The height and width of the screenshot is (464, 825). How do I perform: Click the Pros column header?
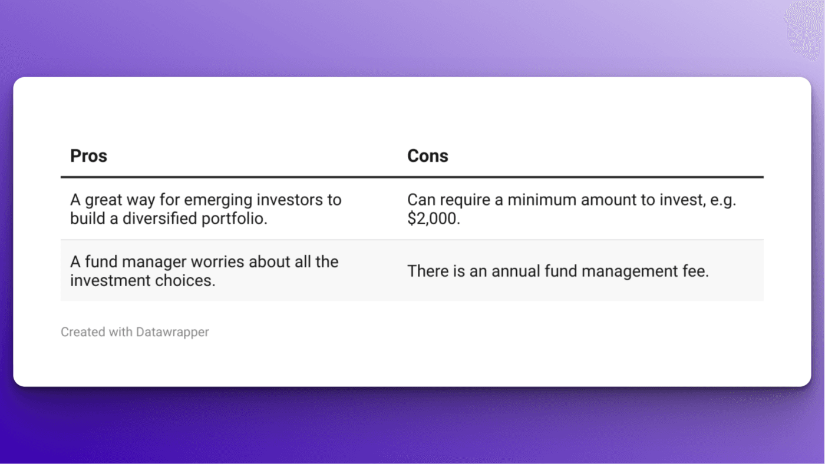point(88,156)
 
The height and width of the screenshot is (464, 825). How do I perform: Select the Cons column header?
point(427,156)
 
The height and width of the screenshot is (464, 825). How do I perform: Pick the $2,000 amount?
point(433,218)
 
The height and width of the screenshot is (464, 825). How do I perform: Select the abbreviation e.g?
point(721,200)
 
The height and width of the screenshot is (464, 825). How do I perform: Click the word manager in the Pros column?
point(150,261)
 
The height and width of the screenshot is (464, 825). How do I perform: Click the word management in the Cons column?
point(631,271)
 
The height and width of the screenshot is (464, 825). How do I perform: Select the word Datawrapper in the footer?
point(172,332)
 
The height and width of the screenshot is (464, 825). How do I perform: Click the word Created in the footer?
point(82,332)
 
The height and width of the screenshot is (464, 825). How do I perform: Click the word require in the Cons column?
point(461,200)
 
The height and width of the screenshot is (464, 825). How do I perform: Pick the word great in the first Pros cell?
point(103,200)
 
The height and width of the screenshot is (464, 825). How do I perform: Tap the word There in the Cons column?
point(427,271)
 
